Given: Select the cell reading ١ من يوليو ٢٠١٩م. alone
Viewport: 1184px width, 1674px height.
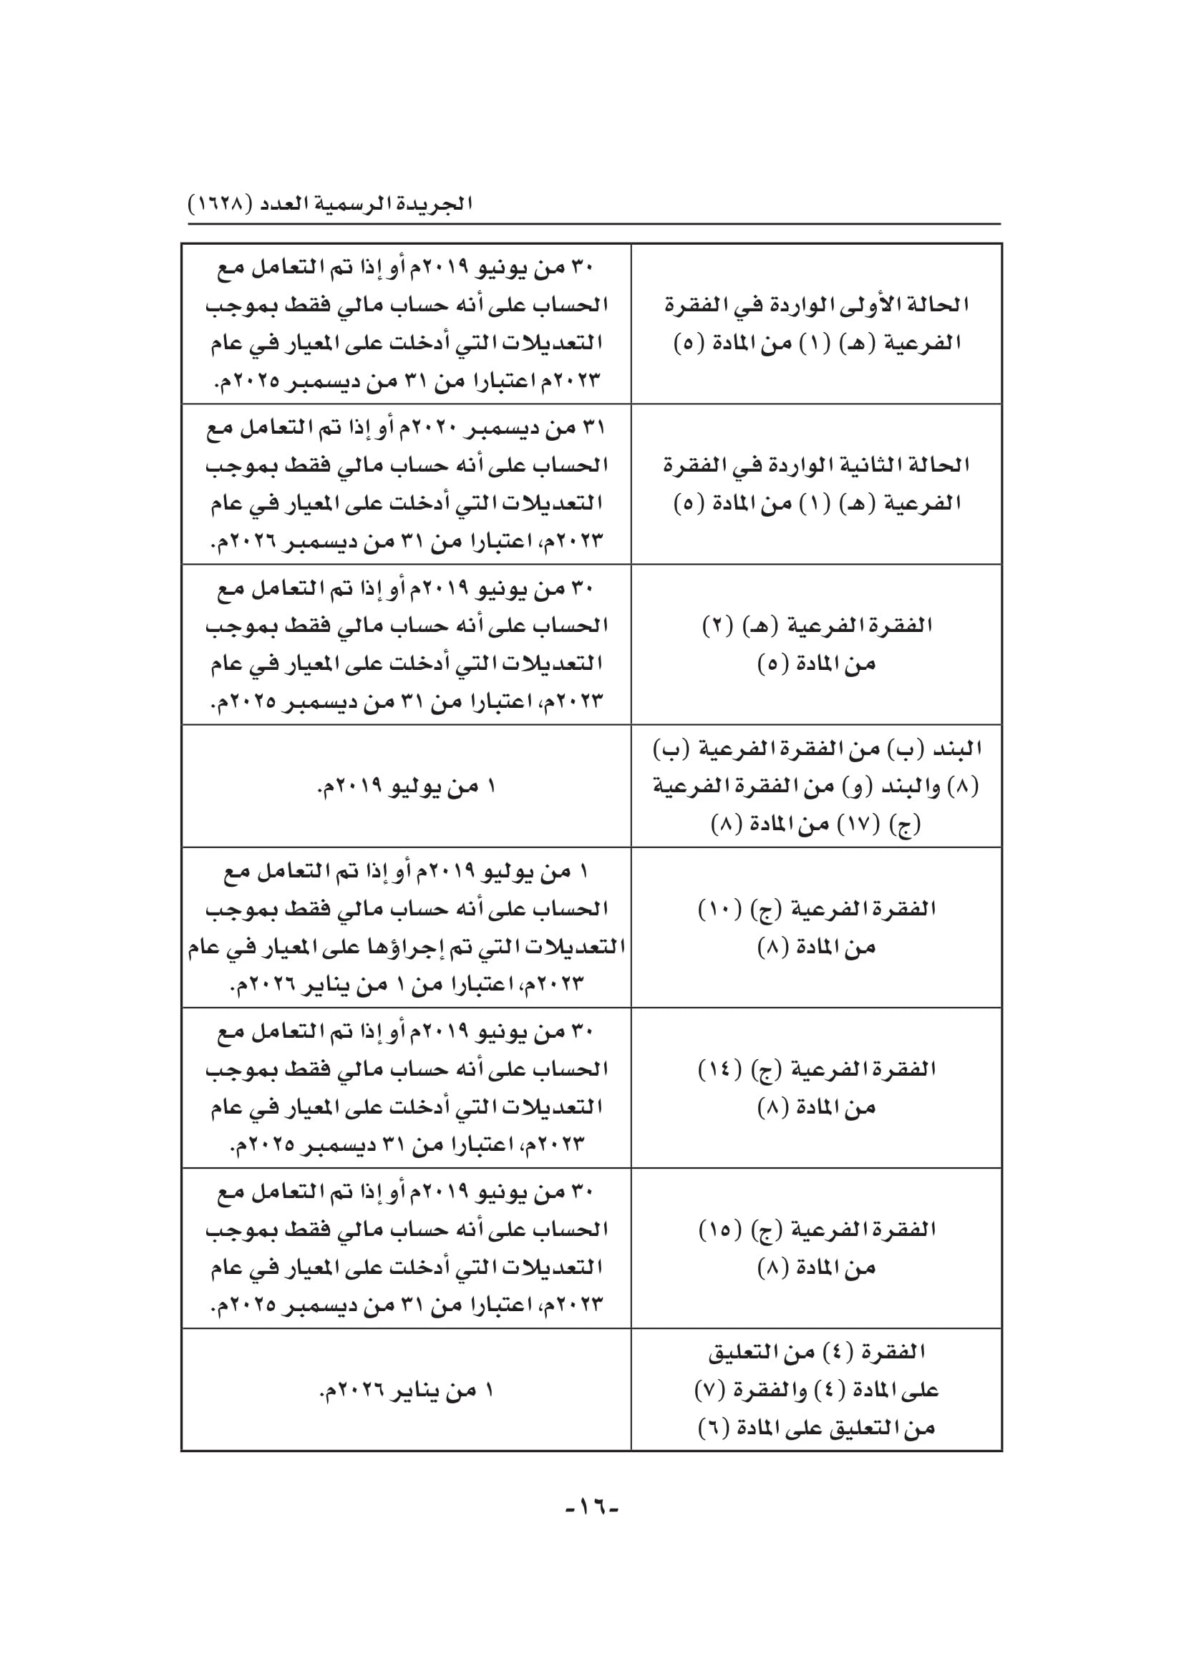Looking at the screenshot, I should (x=406, y=787).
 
